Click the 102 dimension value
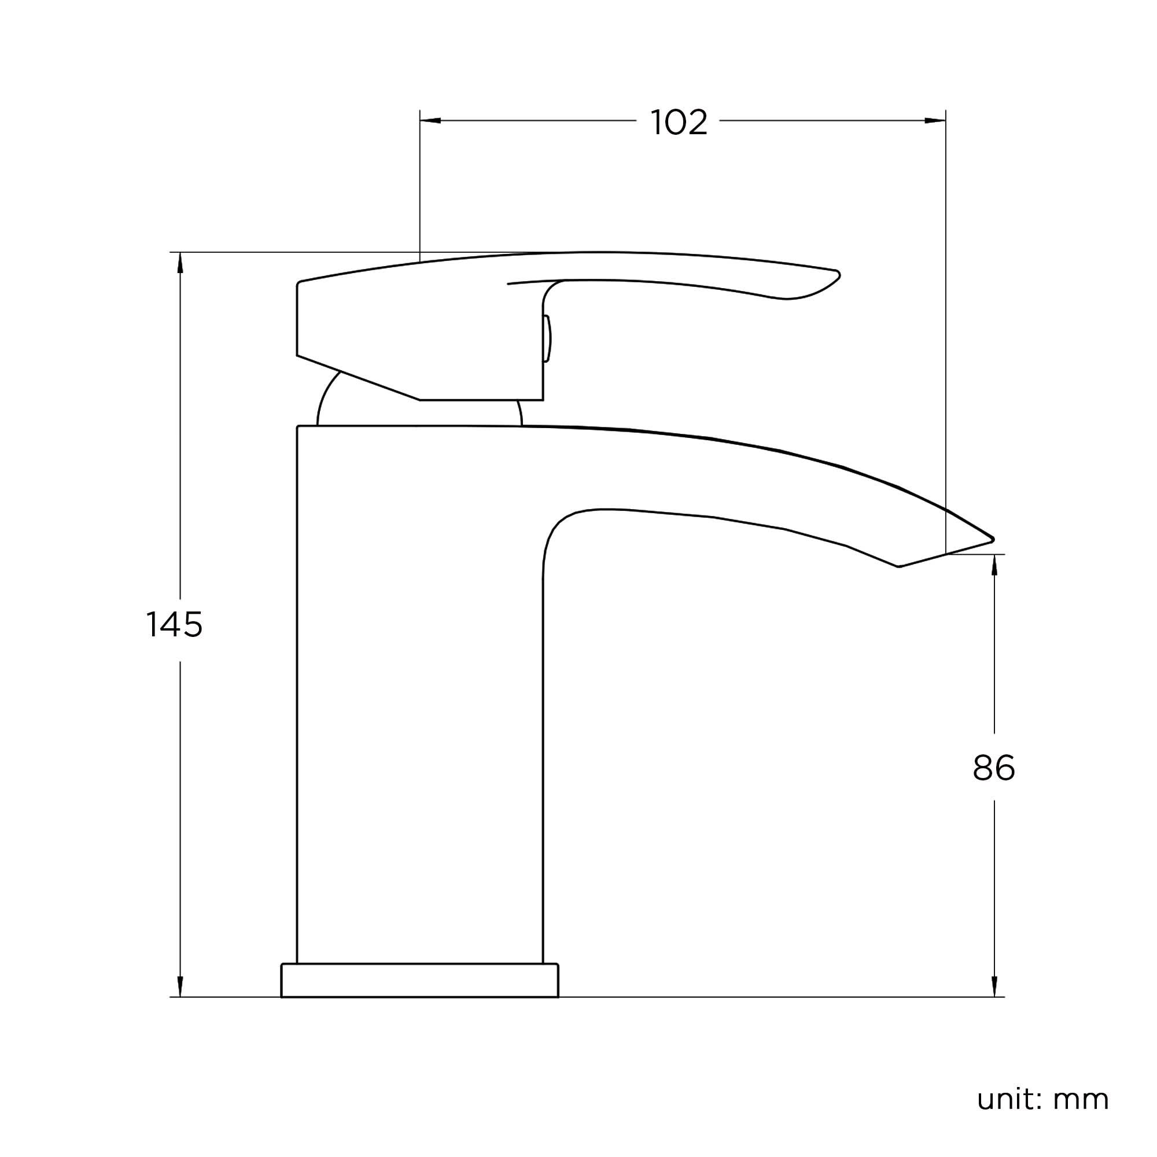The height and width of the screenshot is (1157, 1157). coord(679,123)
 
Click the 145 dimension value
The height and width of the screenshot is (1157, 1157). coord(174,625)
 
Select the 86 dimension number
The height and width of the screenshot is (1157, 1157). coord(993,768)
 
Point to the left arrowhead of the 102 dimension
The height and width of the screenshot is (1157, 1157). coord(430,121)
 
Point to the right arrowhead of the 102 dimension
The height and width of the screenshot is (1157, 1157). coord(935,121)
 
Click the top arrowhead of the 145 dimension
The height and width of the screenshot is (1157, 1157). coord(180,263)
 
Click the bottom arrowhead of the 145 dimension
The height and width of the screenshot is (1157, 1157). coord(180,986)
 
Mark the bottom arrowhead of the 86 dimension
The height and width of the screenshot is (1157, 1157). coord(994,986)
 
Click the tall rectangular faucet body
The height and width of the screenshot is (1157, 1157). coord(419,688)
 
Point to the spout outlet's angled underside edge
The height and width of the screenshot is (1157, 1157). coord(946,554)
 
